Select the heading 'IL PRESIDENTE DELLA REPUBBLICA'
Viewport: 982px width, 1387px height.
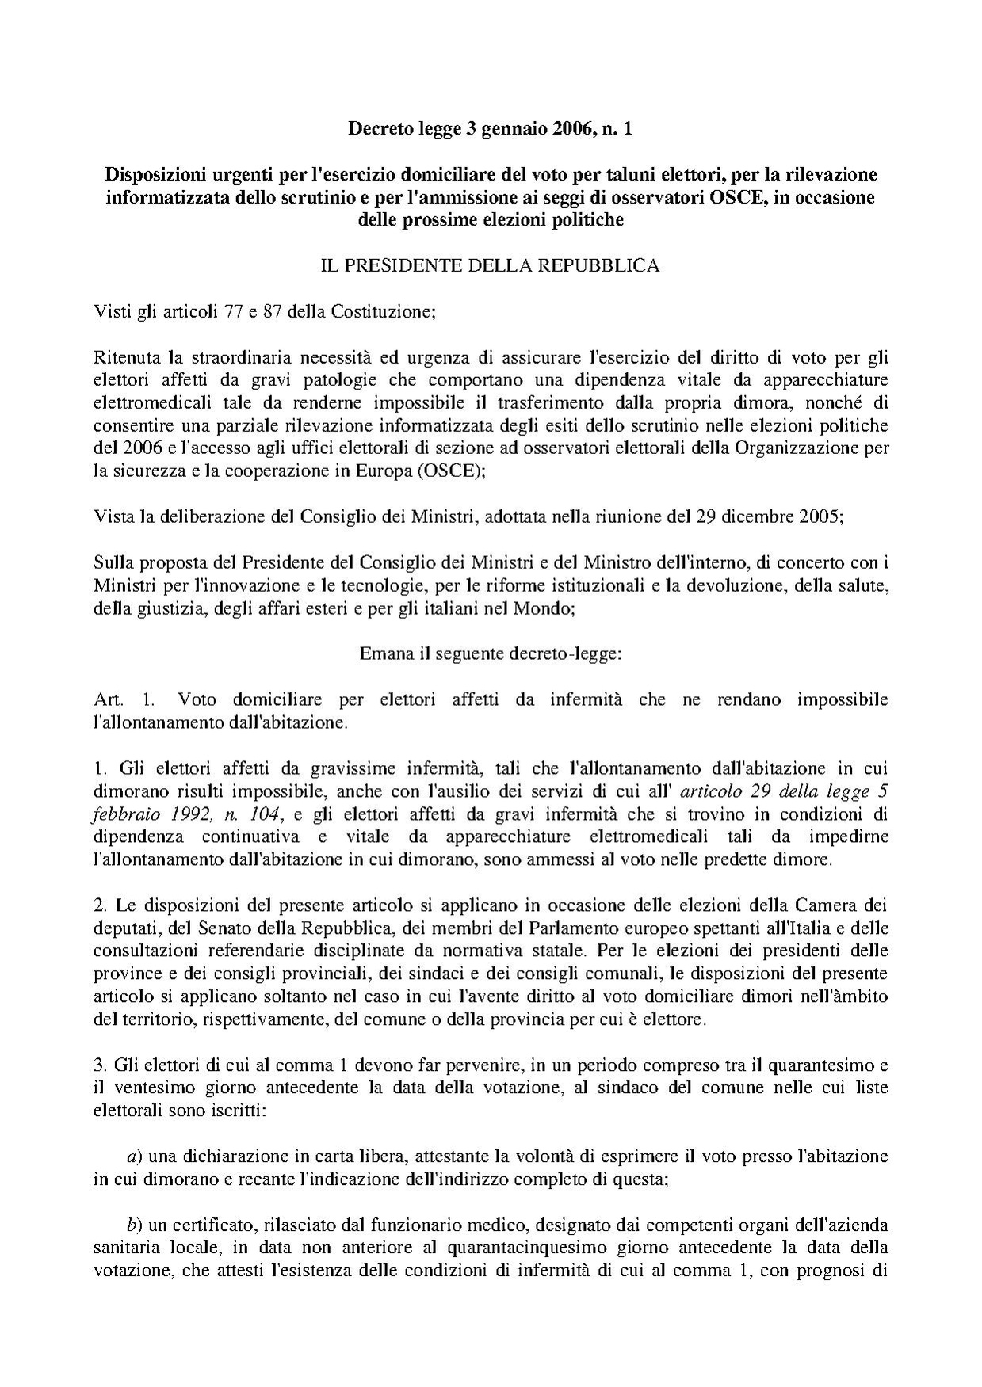[490, 265]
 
